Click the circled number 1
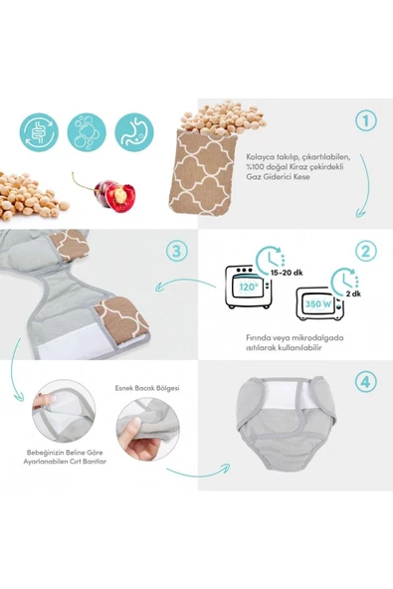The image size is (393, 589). click(365, 120)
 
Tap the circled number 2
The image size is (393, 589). click(365, 252)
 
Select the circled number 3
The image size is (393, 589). click(176, 252)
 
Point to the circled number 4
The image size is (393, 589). click(365, 382)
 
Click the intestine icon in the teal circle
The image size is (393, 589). click(39, 132)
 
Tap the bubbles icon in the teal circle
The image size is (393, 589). click(87, 132)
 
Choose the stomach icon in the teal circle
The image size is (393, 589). click(134, 132)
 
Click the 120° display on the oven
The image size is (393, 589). click(249, 289)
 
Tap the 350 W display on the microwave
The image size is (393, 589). click(317, 303)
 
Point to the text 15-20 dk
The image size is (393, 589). click(287, 273)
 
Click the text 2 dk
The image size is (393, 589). click(353, 294)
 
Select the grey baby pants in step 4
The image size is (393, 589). click(293, 422)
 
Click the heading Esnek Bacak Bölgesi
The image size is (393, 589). click(147, 388)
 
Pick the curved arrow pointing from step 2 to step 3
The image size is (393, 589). click(185, 283)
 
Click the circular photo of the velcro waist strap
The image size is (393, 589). click(64, 411)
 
